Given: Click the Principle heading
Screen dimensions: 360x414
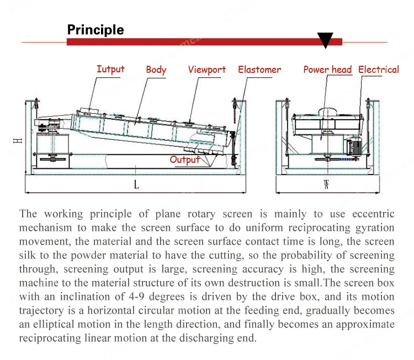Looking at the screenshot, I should pyautogui.click(x=95, y=29).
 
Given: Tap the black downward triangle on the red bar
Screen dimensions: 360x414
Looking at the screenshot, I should pyautogui.click(x=325, y=40).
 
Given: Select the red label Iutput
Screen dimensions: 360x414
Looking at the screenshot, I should pyautogui.click(x=110, y=69).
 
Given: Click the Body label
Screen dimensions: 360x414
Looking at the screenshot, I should pyautogui.click(x=156, y=70).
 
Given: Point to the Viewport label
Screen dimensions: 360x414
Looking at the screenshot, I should pyautogui.click(x=207, y=70).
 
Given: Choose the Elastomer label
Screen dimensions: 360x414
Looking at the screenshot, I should pyautogui.click(x=259, y=70).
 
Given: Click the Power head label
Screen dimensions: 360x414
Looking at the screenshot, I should pyautogui.click(x=327, y=70).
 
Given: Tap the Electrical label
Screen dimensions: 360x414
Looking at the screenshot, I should pyautogui.click(x=379, y=70).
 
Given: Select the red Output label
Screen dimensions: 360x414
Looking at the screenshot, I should pyautogui.click(x=184, y=160).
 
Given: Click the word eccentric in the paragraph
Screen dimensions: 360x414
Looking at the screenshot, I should pyautogui.click(x=373, y=214).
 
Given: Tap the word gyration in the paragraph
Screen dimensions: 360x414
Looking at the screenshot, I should pyautogui.click(x=374, y=228).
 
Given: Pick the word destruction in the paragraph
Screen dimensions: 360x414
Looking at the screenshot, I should pyautogui.click(x=240, y=283).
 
